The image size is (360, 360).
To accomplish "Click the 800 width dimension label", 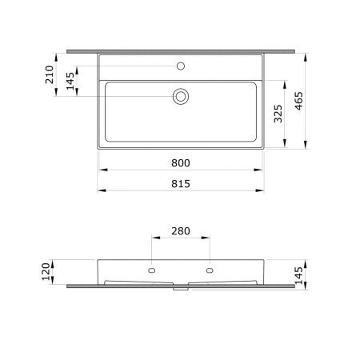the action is [x=181, y=163].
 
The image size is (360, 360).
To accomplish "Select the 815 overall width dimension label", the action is [x=181, y=184].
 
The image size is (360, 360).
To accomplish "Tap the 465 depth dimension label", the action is [x=299, y=101].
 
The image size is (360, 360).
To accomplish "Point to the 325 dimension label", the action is [x=278, y=114].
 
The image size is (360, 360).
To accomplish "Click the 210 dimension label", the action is [x=50, y=74].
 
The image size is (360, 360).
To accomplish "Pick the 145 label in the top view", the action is [x=70, y=81].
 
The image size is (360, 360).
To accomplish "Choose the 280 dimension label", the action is [x=181, y=231].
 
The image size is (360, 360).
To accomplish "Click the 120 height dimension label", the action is [x=46, y=271].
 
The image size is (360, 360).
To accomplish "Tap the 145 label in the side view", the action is [x=298, y=275].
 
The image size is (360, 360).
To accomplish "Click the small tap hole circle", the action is [x=181, y=66].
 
